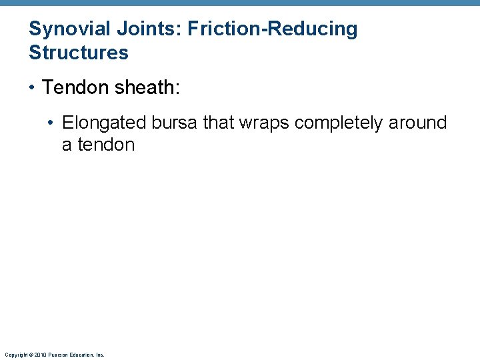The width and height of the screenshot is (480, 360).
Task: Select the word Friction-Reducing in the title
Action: tap(273, 29)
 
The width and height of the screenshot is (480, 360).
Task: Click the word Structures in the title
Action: tap(79, 53)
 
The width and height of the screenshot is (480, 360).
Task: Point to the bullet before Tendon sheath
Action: tap(33, 88)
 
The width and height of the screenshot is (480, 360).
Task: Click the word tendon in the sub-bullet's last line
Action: tap(106, 145)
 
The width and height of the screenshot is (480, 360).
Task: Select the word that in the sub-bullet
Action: tap(217, 123)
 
